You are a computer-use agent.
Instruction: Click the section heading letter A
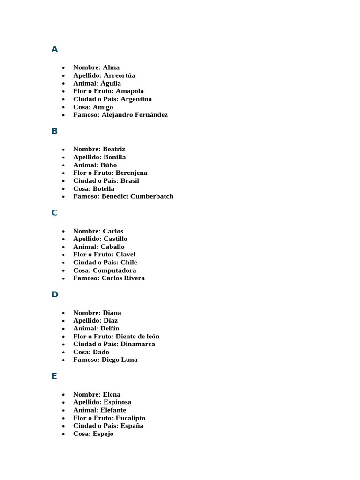point(55,50)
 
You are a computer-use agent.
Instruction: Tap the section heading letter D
point(55,294)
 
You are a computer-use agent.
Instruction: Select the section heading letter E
point(54,376)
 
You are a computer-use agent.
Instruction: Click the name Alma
point(111,67)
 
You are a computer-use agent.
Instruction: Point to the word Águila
point(111,83)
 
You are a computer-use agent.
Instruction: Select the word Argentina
point(136,99)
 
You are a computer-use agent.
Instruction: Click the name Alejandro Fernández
point(135,115)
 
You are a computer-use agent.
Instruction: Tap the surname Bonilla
point(114,157)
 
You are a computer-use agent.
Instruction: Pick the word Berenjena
point(131,173)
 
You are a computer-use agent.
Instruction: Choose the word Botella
point(103,189)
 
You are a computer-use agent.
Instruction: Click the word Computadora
point(114,270)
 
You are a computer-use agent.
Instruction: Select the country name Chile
point(129,262)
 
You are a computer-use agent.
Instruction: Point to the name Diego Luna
point(120,360)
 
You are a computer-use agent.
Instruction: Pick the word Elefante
point(113,410)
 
